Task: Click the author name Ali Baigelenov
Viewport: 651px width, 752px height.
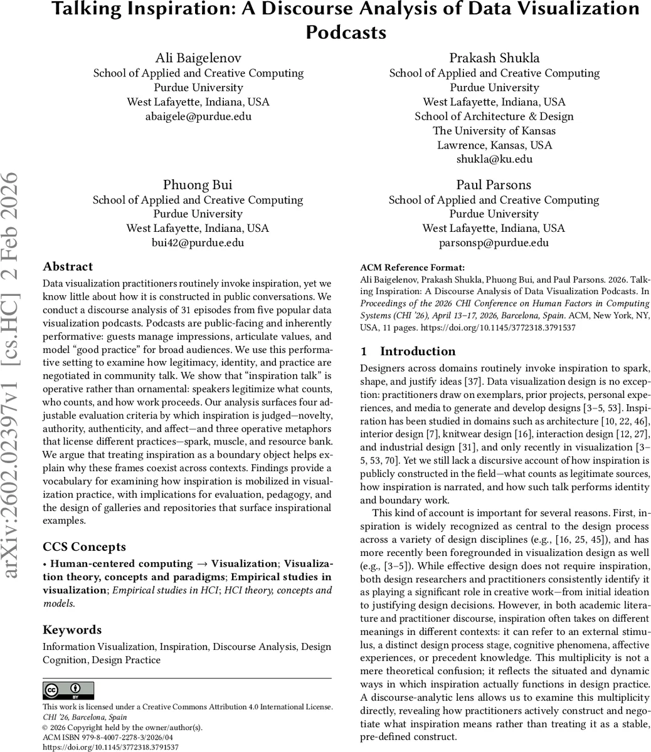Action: [198, 58]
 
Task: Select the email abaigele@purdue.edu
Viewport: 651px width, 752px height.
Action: [198, 116]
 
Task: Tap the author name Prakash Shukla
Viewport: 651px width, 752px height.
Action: [494, 58]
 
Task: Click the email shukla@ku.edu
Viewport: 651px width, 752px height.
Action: [494, 159]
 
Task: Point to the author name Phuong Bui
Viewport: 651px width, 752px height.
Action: [198, 185]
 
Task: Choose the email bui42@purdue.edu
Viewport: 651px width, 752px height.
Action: [198, 243]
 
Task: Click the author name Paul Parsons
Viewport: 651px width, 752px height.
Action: [494, 185]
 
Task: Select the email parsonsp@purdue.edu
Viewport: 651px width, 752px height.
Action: [494, 243]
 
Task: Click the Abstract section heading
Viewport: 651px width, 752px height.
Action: [68, 266]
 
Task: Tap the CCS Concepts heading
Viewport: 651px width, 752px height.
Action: [84, 546]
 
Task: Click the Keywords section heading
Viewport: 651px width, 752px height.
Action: [71, 630]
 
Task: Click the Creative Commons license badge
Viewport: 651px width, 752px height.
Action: [68, 691]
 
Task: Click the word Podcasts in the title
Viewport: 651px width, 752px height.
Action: [346, 32]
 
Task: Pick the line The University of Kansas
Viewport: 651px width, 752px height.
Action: [494, 130]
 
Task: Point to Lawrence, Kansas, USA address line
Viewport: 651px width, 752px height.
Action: [494, 145]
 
